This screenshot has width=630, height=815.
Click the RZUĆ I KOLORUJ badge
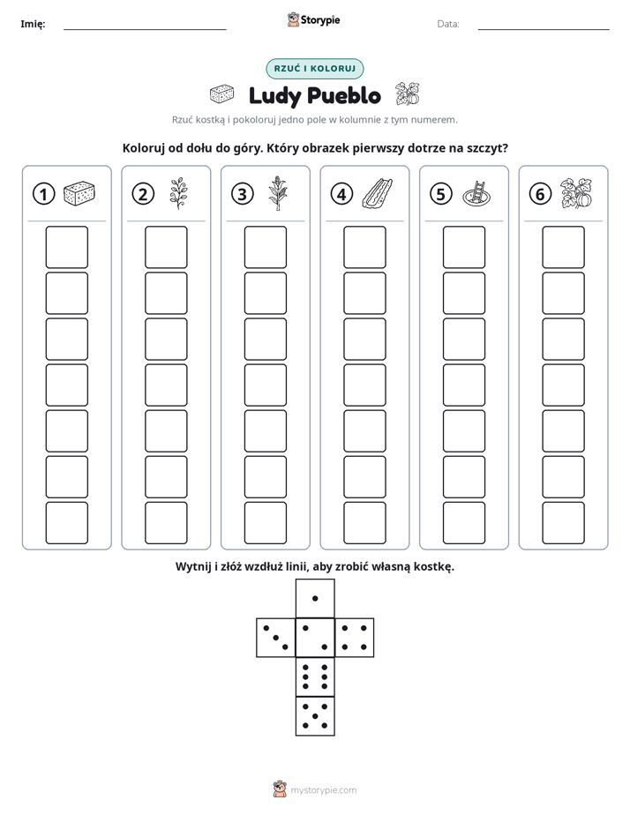tap(314, 69)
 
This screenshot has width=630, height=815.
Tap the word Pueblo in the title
tap(343, 95)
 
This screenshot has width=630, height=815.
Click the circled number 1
tap(43, 194)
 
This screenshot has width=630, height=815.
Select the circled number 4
tap(341, 194)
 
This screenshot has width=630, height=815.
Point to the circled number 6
tap(540, 194)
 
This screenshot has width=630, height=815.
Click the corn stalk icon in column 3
tap(278, 193)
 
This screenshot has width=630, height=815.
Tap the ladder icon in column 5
tap(476, 194)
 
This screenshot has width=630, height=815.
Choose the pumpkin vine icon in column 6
tap(576, 193)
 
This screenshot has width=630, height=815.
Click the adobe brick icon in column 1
tap(79, 193)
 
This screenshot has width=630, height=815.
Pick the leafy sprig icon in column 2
tap(178, 193)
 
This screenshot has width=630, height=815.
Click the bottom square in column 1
tap(66, 523)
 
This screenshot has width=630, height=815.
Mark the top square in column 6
tap(563, 247)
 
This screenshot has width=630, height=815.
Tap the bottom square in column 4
tap(364, 523)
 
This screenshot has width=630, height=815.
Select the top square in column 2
tap(166, 247)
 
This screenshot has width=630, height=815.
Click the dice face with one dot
tap(315, 598)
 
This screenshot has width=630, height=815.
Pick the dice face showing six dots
tap(315, 677)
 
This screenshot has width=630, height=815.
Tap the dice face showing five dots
tap(315, 715)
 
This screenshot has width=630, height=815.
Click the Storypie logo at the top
tap(313, 20)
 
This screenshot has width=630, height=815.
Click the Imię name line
tap(145, 29)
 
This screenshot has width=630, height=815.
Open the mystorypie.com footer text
tap(323, 790)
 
